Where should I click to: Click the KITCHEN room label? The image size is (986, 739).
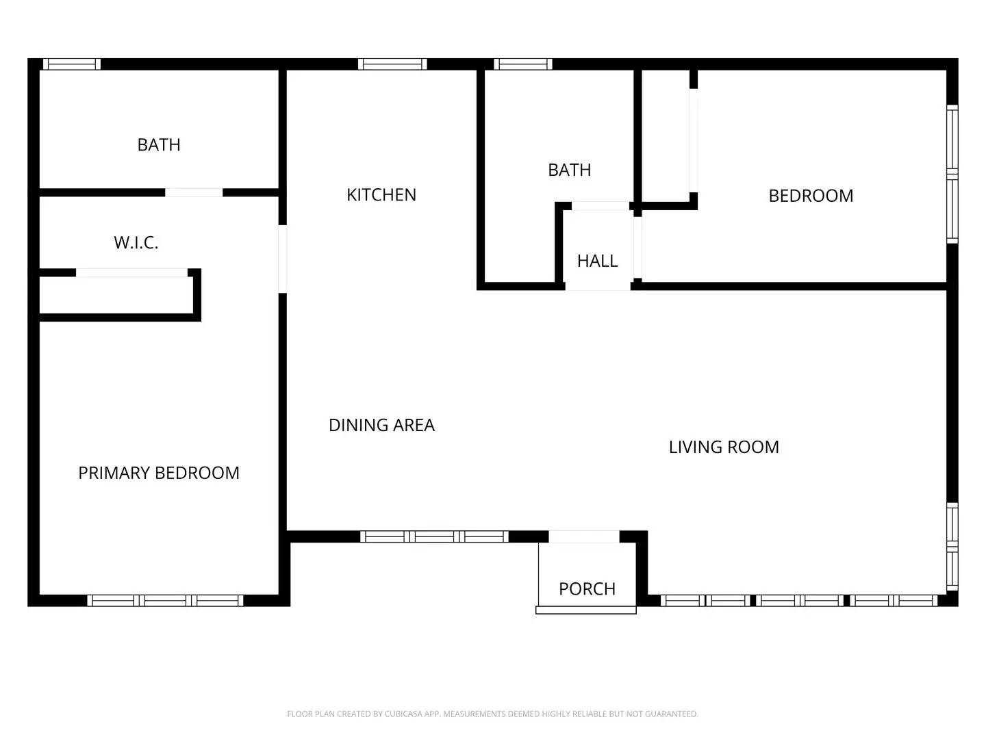[381, 195]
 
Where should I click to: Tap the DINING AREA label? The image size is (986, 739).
[381, 425]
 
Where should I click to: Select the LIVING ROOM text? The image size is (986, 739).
[724, 447]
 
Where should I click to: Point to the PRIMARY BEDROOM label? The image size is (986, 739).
[159, 473]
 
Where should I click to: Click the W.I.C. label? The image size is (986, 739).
[136, 242]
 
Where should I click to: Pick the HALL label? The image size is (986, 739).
[597, 261]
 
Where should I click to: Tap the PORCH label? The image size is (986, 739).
[587, 588]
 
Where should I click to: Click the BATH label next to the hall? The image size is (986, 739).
[569, 170]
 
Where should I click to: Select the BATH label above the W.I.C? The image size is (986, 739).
[159, 145]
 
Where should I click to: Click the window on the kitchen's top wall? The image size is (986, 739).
[392, 64]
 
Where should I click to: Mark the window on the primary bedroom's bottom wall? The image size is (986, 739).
[165, 600]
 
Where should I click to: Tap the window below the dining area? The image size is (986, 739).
[434, 536]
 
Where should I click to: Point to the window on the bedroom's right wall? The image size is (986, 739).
[952, 174]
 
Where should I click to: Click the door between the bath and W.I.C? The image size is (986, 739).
[194, 192]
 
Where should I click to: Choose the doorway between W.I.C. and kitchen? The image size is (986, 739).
[282, 259]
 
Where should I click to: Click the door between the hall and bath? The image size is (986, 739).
[600, 206]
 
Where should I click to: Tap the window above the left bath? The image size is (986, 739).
[72, 64]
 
